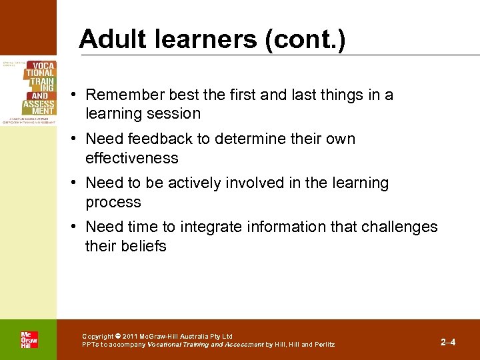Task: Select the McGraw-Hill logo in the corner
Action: tap(29, 339)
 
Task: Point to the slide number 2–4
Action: tap(448, 342)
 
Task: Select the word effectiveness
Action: tap(132, 159)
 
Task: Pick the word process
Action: tap(113, 203)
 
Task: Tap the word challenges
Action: tap(399, 227)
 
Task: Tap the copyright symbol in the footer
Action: tap(117, 337)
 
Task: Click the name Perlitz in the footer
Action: tap(322, 345)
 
